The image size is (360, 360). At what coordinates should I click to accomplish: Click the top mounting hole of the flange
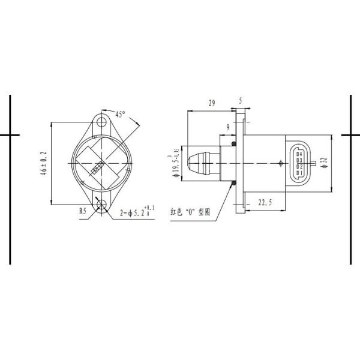pyautogui.click(x=100, y=122)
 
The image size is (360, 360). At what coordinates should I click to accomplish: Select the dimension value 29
pyautogui.click(x=211, y=103)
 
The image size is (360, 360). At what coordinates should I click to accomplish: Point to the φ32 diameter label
pyautogui.click(x=323, y=163)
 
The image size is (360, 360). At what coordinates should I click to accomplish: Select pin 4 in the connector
pyautogui.click(x=298, y=154)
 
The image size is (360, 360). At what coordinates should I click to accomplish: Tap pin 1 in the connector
pyautogui.click(x=298, y=172)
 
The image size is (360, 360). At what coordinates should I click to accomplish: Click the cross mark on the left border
pyautogui.click(x=11, y=135)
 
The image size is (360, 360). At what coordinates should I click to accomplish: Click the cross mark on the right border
pyautogui.click(x=349, y=135)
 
